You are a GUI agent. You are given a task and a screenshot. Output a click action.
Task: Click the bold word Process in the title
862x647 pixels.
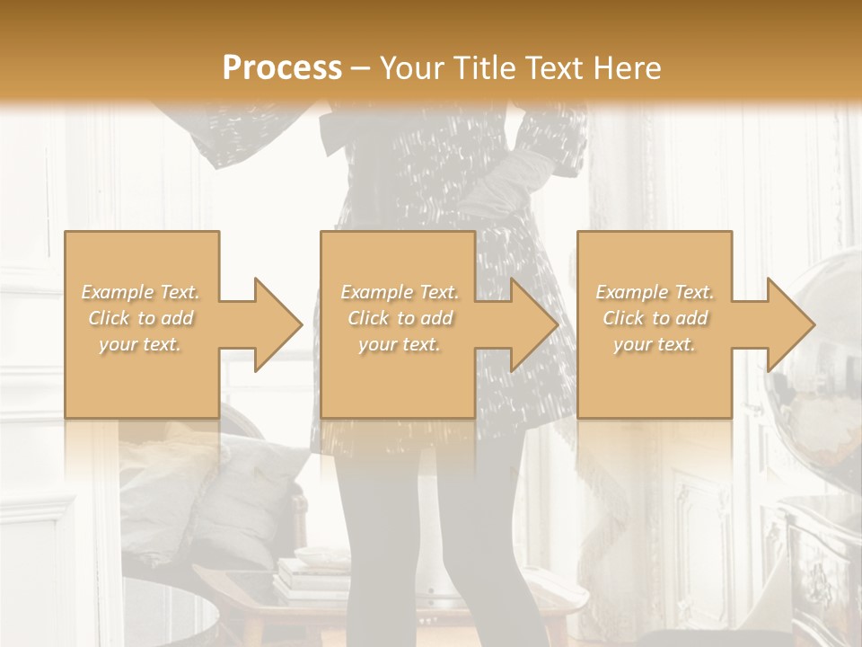coord(282,68)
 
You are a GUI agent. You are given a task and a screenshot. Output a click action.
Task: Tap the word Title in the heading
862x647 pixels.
coord(487,68)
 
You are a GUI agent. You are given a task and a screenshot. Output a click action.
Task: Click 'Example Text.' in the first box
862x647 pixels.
coord(141,292)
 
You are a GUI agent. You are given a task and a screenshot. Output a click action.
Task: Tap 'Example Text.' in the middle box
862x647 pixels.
coord(400,292)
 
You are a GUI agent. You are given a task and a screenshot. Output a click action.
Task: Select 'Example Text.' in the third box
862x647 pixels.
coord(655,292)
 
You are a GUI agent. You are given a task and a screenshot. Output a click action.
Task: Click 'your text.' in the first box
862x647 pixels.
coord(141,344)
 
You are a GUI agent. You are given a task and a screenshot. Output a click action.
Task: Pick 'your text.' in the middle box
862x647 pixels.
coord(400,344)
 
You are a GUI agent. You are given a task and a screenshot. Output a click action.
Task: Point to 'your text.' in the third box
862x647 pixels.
coord(655,344)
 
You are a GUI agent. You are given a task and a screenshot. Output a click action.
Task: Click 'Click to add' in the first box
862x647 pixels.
coord(141,318)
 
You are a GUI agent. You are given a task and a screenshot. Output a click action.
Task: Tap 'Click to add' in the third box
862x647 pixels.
coord(655,318)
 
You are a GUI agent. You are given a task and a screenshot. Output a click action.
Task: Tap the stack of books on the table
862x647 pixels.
coord(310,575)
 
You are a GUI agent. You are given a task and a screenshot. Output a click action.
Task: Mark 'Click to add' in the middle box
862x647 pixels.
coord(400,318)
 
